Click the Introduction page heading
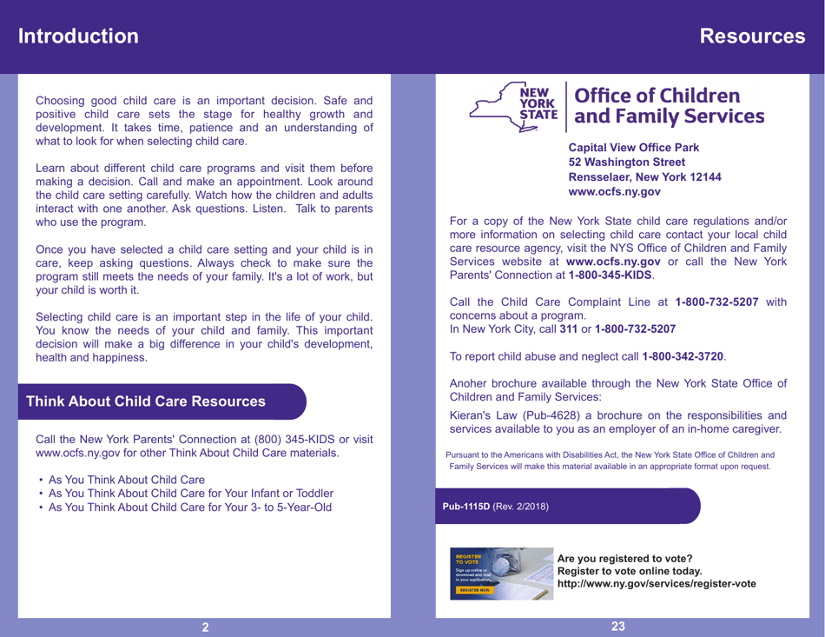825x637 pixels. coord(78,36)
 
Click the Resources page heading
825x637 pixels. coord(752,36)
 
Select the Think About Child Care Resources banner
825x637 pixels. coord(146,402)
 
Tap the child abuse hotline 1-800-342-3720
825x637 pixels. coord(683,357)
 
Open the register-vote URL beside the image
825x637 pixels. coord(656,583)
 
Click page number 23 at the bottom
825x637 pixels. coord(618,626)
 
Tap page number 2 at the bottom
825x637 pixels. coord(205,627)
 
